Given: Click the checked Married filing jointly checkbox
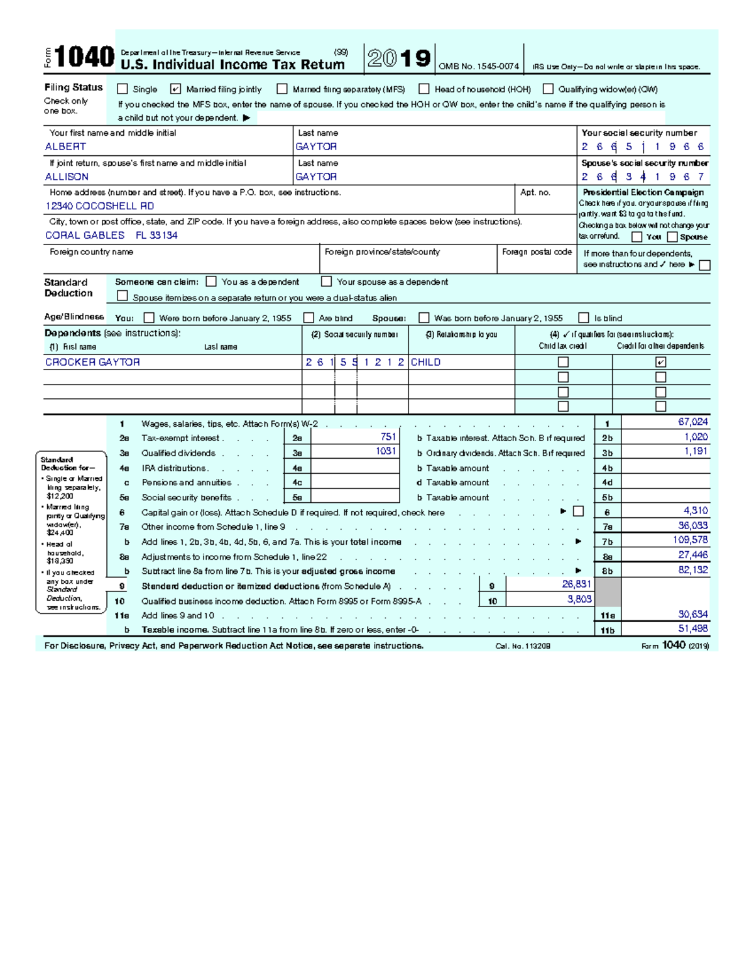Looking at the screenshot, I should pos(175,89).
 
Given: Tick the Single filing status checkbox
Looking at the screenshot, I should pos(123,89).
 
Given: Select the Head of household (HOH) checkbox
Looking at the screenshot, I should pos(424,89).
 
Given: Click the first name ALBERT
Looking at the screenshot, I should pos(65,146).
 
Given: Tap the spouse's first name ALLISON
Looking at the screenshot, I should pos(67,177).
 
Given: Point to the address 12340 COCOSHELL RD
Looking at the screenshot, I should pos(99,206).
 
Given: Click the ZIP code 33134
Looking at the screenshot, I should pos(163,235).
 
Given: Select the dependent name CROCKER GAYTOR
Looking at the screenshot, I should pos(92,362).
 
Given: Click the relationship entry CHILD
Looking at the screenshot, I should pos(425,362).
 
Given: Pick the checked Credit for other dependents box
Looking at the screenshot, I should pos(660,362).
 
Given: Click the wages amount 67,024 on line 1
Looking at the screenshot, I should pos(692,422).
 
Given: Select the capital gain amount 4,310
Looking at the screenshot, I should pos(696,511).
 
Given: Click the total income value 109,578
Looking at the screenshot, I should pos(690,540).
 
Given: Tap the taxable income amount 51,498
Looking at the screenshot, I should pos(692,628).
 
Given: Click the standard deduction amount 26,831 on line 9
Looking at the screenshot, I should pos(576,584).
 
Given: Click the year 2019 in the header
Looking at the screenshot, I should pos(399,58).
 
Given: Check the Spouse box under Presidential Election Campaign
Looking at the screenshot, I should pos(672,237).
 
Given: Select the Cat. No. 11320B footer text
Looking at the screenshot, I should pos(522,646).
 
